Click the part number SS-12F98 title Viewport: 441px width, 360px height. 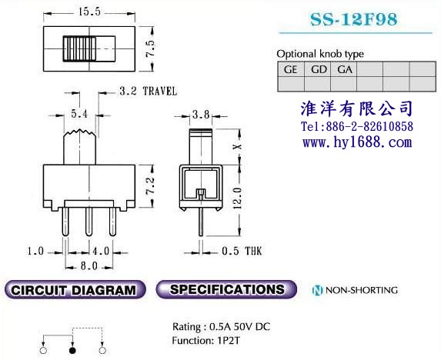[354, 19]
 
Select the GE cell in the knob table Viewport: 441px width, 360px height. [291, 69]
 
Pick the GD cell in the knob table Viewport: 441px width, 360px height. [318, 69]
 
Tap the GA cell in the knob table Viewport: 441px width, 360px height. [345, 69]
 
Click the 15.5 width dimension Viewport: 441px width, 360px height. [89, 12]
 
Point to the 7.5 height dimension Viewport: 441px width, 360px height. [150, 48]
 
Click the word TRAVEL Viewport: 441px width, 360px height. [160, 92]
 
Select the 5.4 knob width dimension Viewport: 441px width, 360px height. [79, 114]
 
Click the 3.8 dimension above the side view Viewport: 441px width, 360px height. [201, 115]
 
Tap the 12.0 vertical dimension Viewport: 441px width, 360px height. [237, 198]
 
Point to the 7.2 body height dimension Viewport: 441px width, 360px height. [150, 185]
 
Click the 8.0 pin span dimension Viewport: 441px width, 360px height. [89, 265]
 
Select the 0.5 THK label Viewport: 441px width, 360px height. [242, 251]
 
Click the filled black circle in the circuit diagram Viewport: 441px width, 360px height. [72, 351]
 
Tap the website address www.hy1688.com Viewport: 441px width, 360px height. [357, 142]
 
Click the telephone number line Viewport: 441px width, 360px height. [357, 126]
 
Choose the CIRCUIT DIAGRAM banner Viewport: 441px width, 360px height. [75, 289]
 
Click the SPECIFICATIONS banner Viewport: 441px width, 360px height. [226, 289]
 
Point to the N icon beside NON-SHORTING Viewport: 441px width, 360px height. [318, 290]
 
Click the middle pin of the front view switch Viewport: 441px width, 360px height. [89, 222]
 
